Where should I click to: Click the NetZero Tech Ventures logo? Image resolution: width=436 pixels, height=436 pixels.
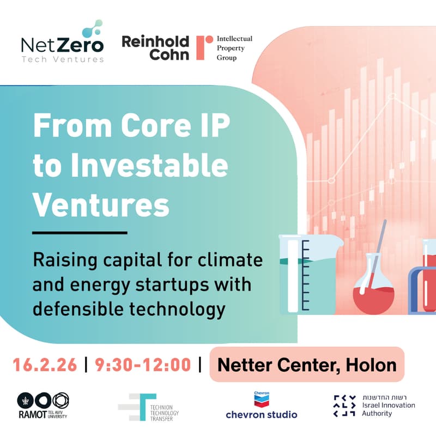tap(62, 44)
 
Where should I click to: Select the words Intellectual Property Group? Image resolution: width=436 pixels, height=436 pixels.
tap(234, 48)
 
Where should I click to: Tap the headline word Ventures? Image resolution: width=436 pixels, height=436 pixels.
tap(101, 205)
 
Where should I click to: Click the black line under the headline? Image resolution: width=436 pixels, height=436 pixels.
tap(80, 233)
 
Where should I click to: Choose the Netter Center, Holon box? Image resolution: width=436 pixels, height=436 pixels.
tap(307, 364)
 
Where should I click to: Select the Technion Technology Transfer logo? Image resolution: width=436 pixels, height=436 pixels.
tap(148, 407)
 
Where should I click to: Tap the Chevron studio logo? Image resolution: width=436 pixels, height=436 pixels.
tap(262, 405)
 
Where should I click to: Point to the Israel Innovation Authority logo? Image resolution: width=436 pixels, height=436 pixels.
tap(374, 405)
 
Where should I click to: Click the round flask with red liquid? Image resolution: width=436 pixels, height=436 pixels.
tap(372, 289)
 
